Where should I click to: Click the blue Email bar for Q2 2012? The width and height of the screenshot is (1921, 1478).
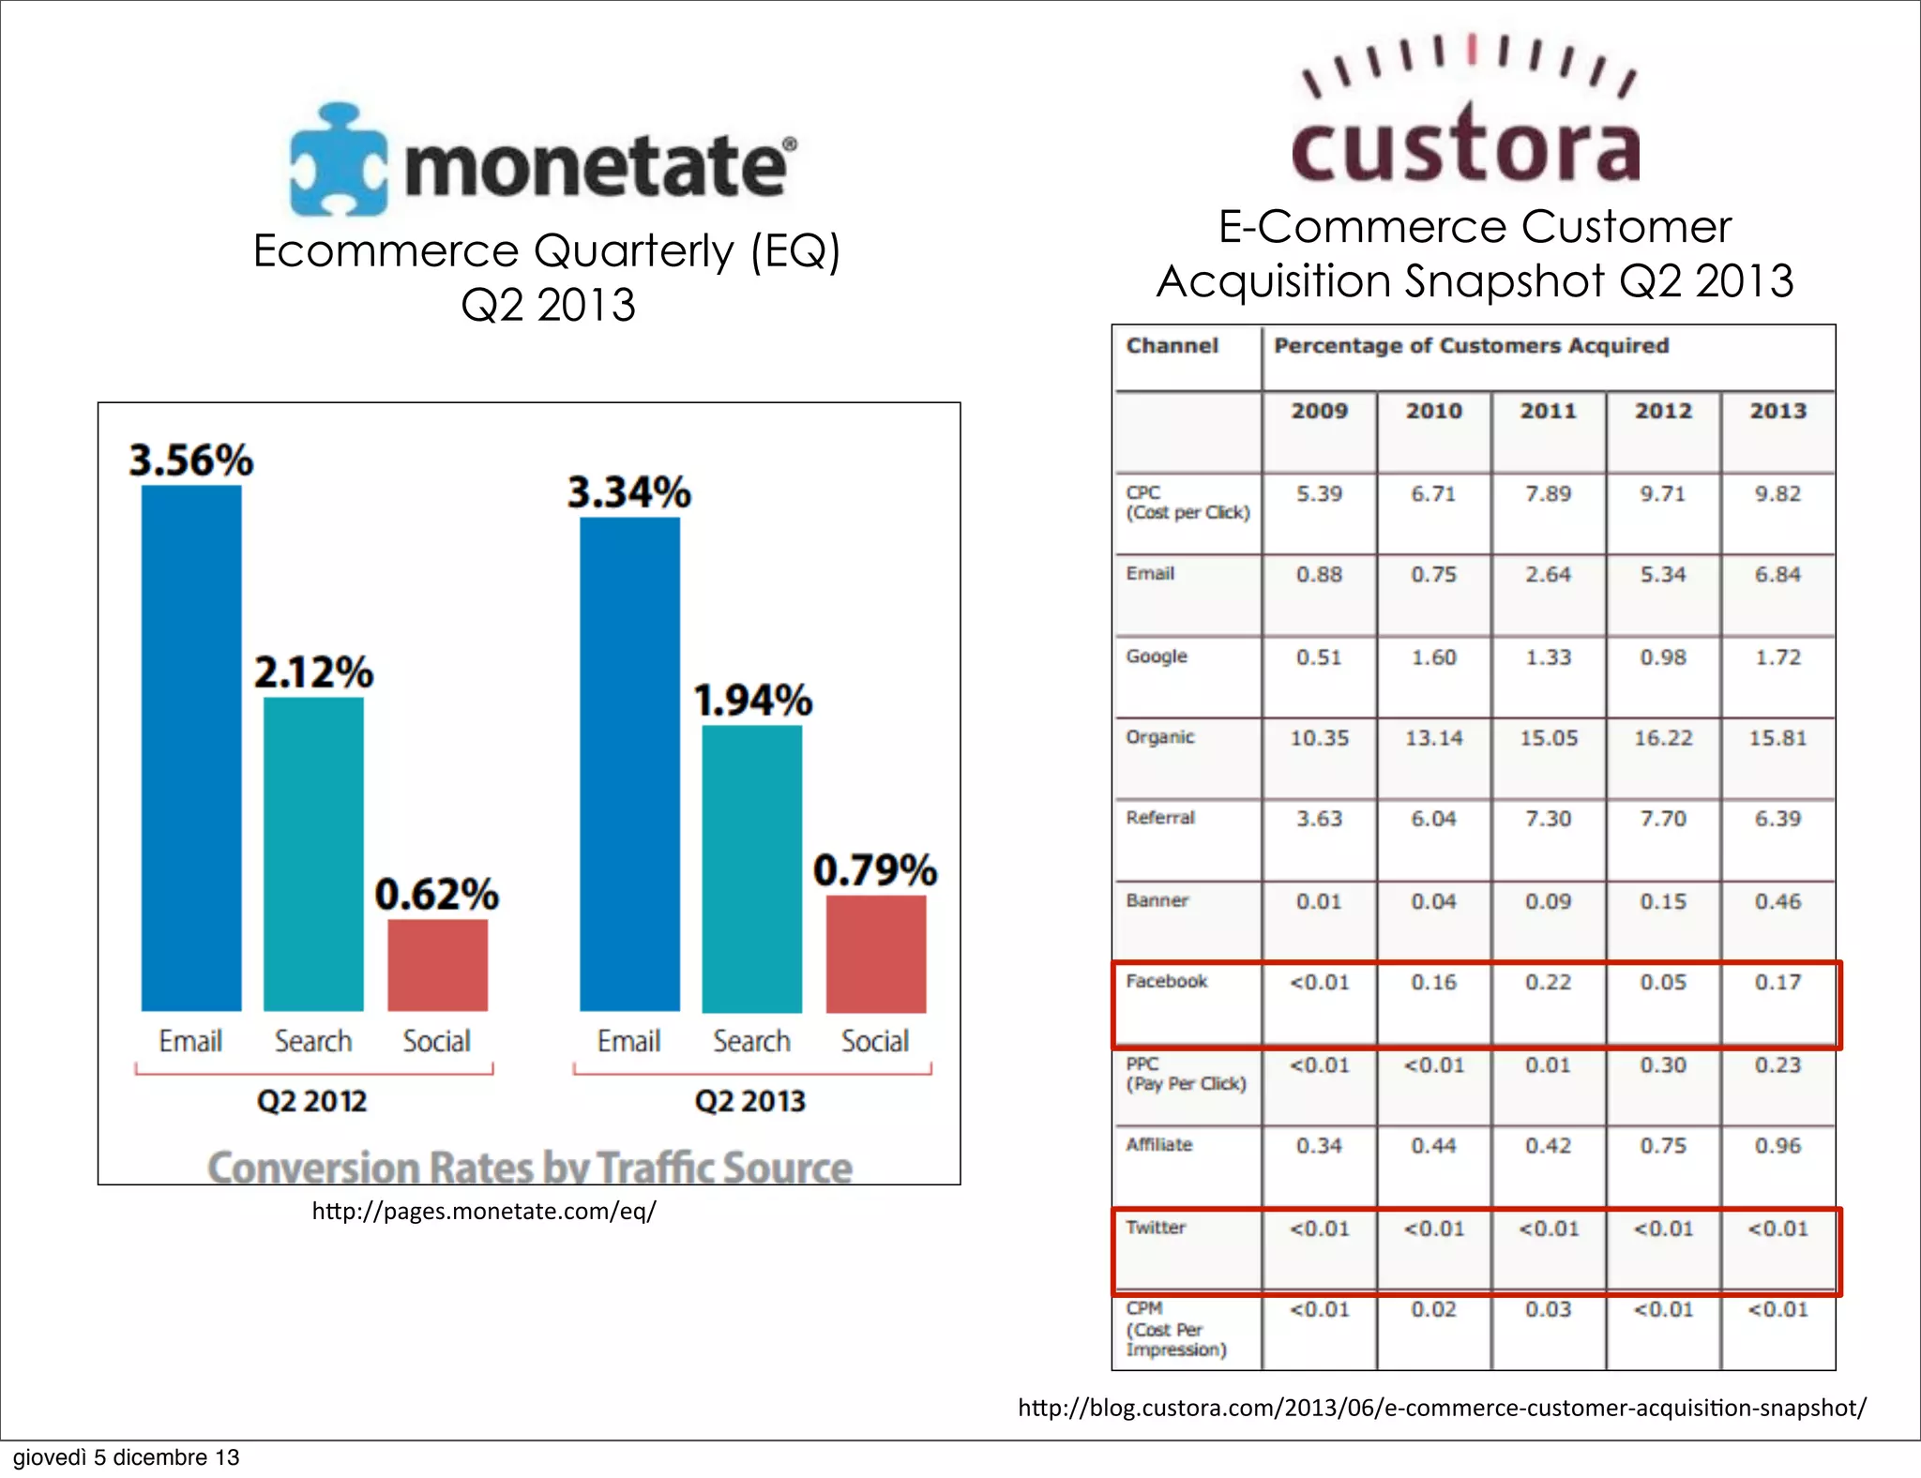point(191,747)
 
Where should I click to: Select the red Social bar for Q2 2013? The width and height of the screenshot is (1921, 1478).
point(876,954)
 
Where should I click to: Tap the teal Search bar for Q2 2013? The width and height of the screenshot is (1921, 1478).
point(752,868)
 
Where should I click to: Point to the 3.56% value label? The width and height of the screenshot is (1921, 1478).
point(191,460)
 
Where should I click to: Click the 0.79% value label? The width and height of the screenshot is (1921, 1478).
point(875,870)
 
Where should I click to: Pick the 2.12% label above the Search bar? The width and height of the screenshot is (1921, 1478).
point(314,672)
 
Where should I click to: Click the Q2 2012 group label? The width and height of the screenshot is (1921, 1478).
point(312,1100)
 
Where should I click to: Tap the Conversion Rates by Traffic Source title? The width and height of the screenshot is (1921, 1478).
point(530,1168)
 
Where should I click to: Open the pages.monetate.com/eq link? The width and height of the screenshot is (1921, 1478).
point(484,1212)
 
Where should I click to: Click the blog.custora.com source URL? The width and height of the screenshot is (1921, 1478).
point(1442,1408)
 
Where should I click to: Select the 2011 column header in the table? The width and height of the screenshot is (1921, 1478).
point(1549,411)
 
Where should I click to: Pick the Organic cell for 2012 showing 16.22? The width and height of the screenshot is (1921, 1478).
point(1663,738)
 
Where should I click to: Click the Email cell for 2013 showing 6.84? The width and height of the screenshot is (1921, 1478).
point(1777,574)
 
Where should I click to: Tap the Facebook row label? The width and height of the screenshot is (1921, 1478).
point(1167,981)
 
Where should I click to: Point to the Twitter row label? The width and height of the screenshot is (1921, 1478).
point(1156,1228)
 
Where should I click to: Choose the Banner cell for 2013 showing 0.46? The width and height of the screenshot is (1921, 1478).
point(1777,901)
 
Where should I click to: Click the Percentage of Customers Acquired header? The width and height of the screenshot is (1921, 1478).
point(1471,346)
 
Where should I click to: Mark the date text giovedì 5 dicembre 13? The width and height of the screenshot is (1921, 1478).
point(127,1457)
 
